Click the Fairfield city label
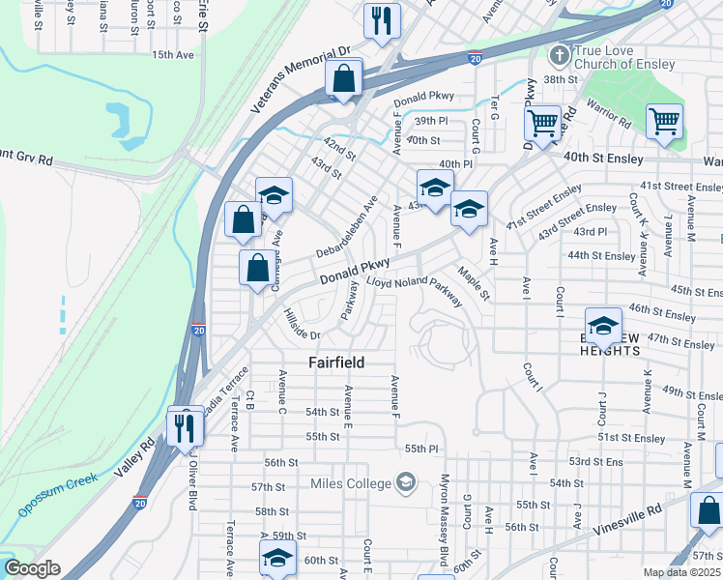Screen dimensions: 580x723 click(336, 362)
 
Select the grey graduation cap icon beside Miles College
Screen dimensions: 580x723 click(406, 481)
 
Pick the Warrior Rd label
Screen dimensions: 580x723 click(611, 124)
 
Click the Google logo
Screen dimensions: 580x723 click(31, 568)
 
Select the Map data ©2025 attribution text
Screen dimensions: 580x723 click(681, 572)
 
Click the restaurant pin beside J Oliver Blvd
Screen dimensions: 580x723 click(186, 426)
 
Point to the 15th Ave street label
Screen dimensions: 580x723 click(172, 55)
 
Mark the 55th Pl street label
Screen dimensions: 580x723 click(421, 449)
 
